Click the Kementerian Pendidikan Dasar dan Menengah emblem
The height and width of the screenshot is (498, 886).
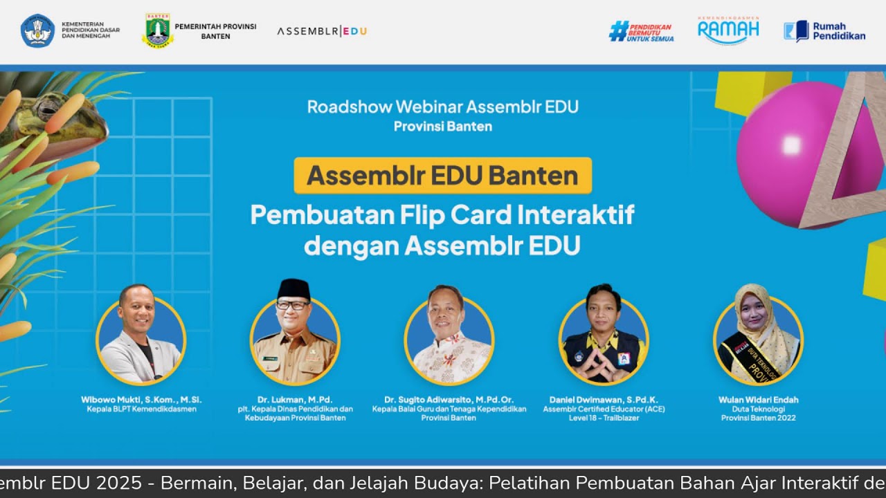pos(37,30)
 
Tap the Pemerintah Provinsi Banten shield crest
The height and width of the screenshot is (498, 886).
pos(158,30)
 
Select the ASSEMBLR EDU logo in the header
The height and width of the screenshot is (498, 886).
pos(322,31)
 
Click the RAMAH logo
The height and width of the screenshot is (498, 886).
pos(728,31)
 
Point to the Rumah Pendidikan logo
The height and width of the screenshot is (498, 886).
pos(824,31)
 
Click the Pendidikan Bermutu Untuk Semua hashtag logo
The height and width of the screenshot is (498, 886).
pos(641,31)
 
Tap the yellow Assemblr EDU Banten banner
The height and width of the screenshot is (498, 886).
pos(442,176)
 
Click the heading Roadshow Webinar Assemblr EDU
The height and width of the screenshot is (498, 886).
pos(442,107)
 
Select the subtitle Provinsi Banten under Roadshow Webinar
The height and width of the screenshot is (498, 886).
pos(442,127)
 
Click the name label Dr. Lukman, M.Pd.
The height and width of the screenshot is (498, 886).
pos(295,400)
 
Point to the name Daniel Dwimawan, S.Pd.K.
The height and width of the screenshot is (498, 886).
pos(603,400)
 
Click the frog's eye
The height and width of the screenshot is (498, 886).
pos(47,108)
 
